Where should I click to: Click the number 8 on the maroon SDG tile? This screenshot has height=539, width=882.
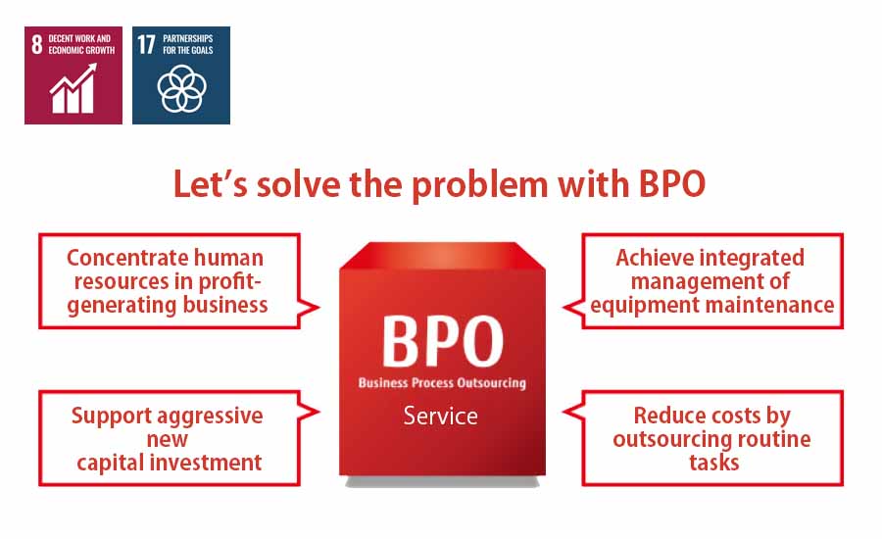pos(36,44)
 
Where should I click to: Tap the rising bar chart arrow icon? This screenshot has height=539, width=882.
pos(73,88)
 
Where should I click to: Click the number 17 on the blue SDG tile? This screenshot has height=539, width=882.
pos(146,44)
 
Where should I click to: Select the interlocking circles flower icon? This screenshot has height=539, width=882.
pos(181,89)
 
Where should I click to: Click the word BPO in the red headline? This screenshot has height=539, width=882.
pos(672,184)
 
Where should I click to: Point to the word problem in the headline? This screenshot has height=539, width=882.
pos(480,185)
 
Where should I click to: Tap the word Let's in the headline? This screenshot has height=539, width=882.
pos(210,184)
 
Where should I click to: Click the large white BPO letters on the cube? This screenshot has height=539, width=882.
pos(443,341)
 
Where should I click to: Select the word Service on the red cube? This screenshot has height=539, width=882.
pos(440,416)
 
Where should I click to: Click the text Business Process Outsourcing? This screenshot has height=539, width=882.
pos(442,383)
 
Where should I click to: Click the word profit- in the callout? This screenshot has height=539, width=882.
pos(230,280)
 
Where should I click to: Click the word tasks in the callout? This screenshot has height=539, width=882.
pos(713,463)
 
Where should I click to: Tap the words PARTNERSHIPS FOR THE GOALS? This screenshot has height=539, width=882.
pos(188,44)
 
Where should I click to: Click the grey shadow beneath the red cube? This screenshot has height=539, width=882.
pos(442,481)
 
